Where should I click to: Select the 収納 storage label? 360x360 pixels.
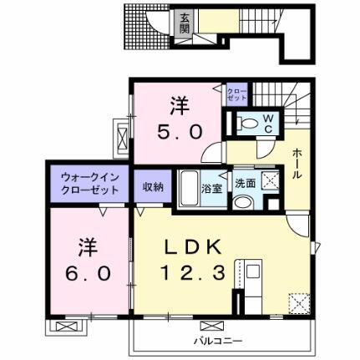click(152, 186)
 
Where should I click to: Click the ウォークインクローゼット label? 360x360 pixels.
click(90, 184)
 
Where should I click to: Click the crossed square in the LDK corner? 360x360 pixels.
click(296, 302)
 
